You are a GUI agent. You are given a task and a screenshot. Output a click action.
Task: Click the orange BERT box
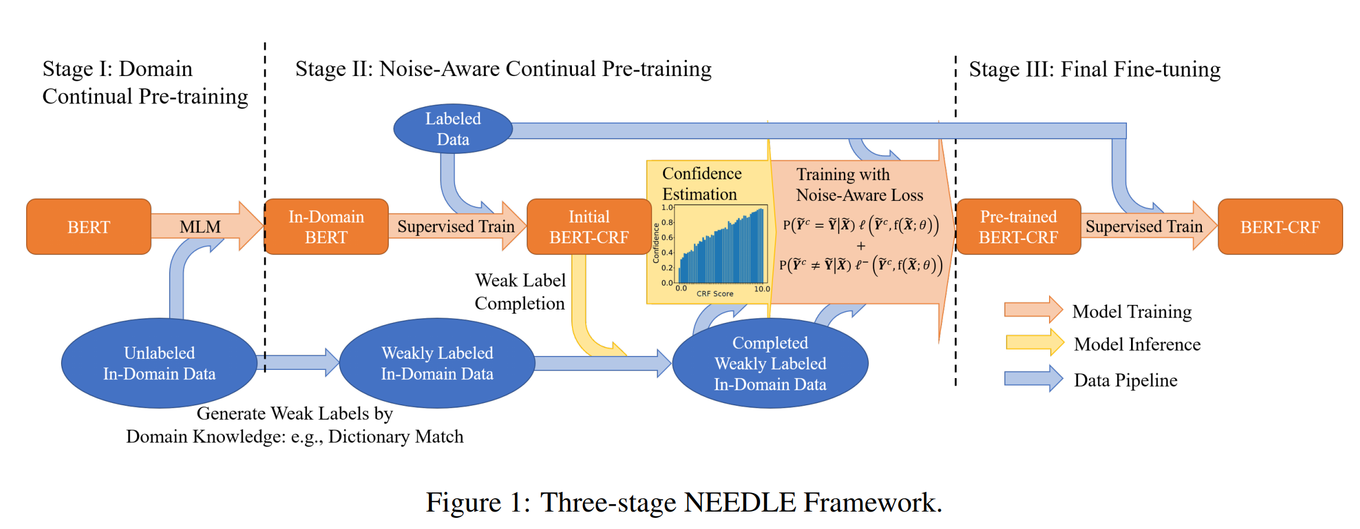[88, 227]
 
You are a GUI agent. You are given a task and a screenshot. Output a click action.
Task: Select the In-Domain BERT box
[326, 227]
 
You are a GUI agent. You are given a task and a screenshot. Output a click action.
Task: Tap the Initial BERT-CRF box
[588, 227]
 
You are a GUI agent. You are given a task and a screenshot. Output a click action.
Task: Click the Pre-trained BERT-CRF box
[1018, 227]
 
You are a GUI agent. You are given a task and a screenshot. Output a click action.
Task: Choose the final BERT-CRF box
[1280, 227]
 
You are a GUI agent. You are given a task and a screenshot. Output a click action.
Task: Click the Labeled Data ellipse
[453, 129]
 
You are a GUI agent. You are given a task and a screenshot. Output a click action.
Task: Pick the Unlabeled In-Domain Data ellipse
[159, 363]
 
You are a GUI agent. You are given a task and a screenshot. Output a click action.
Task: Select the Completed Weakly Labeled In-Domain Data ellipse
[770, 363]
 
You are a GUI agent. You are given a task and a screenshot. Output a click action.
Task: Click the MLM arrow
[201, 226]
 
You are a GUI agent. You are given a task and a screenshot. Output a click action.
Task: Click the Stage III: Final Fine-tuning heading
[1094, 70]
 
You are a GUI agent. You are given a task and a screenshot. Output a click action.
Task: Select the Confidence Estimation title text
[701, 183]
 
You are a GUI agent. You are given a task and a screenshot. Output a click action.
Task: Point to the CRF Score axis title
[714, 294]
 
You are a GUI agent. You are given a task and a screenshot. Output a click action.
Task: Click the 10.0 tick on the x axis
[761, 289]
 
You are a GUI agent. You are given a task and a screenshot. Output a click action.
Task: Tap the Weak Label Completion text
[520, 292]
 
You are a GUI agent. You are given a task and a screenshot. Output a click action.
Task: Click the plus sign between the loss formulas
[861, 246]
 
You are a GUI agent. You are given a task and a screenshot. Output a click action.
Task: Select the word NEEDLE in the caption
[739, 502]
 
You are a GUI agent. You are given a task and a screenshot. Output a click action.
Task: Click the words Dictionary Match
[396, 437]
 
